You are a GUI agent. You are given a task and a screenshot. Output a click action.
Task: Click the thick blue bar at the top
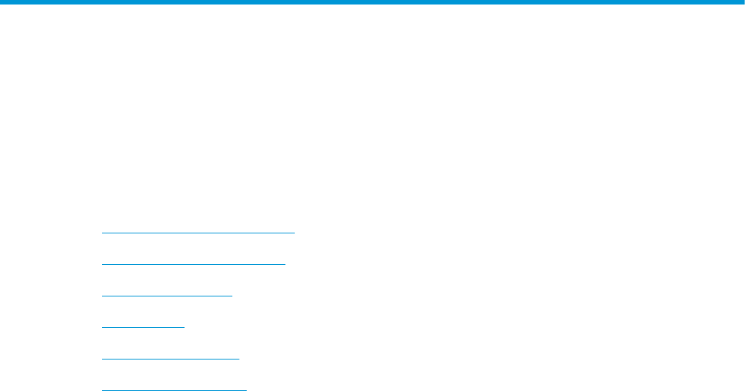click(x=372, y=2)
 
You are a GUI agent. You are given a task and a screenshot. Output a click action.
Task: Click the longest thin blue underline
click(x=198, y=232)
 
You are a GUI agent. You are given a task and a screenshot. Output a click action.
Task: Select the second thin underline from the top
click(x=194, y=263)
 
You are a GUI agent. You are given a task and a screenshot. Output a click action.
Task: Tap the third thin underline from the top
click(x=167, y=295)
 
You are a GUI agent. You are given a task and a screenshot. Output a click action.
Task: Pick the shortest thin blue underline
click(x=143, y=326)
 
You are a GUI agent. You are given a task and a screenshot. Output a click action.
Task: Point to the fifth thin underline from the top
click(x=170, y=358)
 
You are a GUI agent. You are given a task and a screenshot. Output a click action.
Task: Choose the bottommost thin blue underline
click(x=173, y=389)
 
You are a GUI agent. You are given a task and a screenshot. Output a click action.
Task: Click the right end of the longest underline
click(x=294, y=232)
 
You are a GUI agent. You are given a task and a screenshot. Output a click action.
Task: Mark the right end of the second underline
click(x=285, y=263)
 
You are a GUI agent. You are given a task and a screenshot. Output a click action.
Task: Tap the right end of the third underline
click(x=232, y=295)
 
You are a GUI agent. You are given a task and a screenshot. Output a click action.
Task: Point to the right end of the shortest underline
click(x=183, y=326)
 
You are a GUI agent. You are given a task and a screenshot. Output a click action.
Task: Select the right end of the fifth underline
click(x=238, y=358)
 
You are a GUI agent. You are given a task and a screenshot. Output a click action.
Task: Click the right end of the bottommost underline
click(x=246, y=389)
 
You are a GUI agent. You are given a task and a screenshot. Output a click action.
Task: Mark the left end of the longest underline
click(x=102, y=232)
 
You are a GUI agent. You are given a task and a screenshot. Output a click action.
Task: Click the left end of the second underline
click(x=102, y=263)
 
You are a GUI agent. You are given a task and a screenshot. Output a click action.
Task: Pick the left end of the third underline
click(x=102, y=295)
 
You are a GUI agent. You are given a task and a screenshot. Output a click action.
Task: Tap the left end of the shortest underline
click(x=102, y=326)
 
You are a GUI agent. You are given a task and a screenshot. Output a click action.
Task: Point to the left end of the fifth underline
click(x=102, y=358)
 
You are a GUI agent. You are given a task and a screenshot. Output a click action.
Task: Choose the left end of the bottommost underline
click(x=102, y=389)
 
